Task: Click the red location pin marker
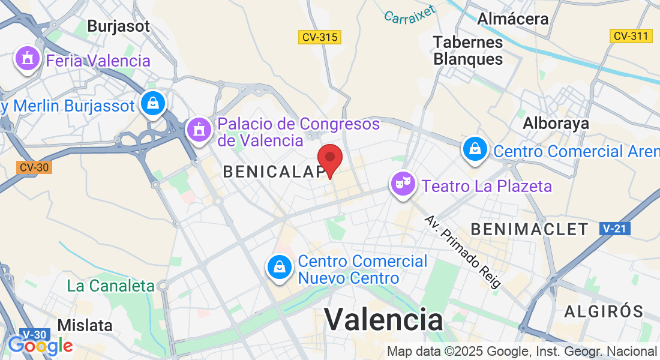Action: point(329,159)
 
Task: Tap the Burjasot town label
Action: point(118,26)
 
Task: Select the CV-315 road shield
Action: point(320,37)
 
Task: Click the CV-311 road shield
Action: point(631,36)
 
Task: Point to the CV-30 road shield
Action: point(34,167)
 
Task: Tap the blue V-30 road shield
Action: point(34,334)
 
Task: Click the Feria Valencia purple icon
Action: point(27,59)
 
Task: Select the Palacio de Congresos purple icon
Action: point(198,129)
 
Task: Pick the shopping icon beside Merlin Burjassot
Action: point(154,103)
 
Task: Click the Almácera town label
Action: point(513,19)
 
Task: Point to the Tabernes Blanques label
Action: point(468,50)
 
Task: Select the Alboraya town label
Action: point(556,123)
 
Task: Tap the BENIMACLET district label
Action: point(530,229)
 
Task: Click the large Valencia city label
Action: point(384,318)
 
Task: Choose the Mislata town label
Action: point(85,325)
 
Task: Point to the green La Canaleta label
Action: point(110,286)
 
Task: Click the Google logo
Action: point(40,346)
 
